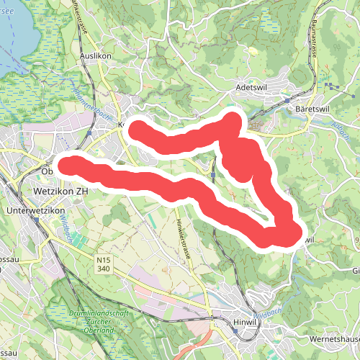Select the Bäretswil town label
pyautogui.click(x=312, y=109)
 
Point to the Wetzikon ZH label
pyautogui.click(x=60, y=192)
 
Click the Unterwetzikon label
pyautogui.click(x=35, y=210)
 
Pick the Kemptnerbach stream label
pyautogui.click(x=86, y=107)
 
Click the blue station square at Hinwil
pyautogui.click(x=235, y=310)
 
